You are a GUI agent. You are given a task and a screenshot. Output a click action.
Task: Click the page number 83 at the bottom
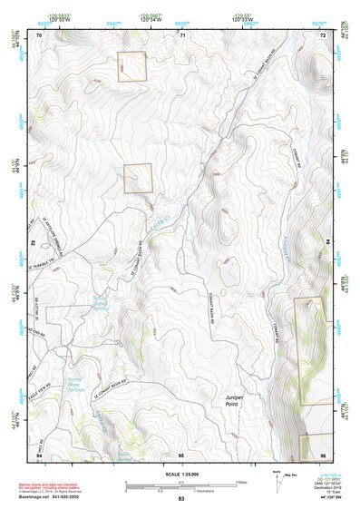point(180,499)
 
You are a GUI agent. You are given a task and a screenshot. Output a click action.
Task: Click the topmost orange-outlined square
point(131,66)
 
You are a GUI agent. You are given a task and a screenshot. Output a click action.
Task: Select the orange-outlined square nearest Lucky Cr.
point(137,178)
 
